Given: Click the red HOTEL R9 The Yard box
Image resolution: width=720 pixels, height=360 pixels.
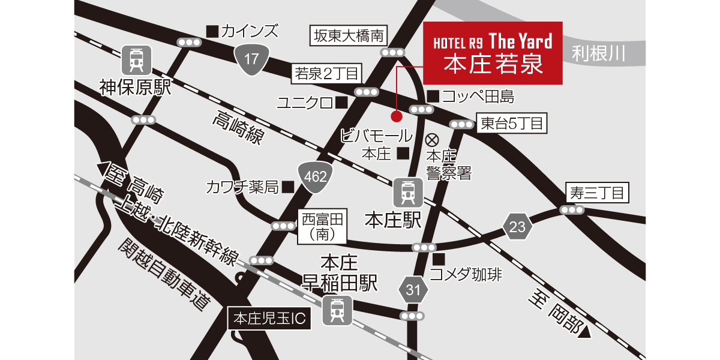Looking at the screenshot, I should (x=493, y=53).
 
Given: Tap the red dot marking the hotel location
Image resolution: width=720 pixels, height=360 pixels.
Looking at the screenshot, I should (x=395, y=115).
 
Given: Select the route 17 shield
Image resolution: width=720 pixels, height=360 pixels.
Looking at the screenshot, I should (x=251, y=59).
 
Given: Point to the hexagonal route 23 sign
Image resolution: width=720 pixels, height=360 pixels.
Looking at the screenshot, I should (x=518, y=227).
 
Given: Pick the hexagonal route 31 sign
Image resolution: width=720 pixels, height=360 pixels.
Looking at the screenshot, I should (x=413, y=291).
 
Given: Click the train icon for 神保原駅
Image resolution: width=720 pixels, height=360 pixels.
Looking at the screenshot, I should (x=136, y=61).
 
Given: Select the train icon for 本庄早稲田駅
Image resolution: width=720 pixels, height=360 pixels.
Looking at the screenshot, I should (x=337, y=311).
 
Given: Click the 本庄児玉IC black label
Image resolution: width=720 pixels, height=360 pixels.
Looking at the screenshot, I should (x=270, y=319).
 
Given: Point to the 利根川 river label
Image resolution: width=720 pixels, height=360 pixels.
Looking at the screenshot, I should (x=598, y=54).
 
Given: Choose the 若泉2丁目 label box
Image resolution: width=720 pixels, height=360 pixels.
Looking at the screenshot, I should (x=327, y=74).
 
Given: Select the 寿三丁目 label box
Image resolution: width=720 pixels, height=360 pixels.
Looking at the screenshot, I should (x=597, y=193).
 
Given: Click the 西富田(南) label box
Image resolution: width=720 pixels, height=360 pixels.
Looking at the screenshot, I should (x=324, y=226).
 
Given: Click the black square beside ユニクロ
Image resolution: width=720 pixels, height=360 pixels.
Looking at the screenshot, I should (x=341, y=103).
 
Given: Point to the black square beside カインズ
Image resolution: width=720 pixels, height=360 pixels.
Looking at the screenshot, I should (x=211, y=30).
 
